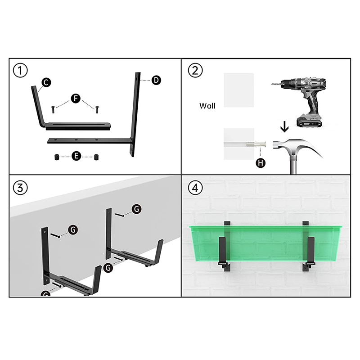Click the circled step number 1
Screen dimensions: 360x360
20,71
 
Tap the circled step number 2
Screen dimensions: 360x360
195,71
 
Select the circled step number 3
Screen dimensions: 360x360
20,188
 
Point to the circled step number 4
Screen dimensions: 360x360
195,188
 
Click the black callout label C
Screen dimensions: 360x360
46,82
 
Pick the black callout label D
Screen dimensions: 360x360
156,80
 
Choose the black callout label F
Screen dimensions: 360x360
76,99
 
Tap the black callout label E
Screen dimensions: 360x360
76,156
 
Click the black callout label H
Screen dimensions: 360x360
261,163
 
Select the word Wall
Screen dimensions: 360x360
207,106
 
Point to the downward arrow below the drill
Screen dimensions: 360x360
285,127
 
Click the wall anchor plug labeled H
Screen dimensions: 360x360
256,144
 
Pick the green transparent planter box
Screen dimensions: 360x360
265,243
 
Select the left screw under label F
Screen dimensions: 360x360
53,109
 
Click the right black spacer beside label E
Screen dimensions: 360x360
96,157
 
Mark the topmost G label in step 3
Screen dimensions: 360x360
137,209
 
